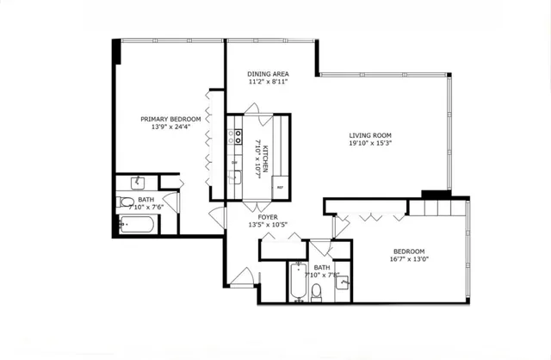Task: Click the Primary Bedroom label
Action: [x=171, y=119]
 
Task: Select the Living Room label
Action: [x=370, y=135]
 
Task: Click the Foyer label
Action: [x=267, y=217]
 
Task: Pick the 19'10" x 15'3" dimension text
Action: [x=370, y=145]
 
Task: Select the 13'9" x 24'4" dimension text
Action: [x=171, y=127]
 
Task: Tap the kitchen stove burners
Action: [x=234, y=138]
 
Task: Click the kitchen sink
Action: [x=234, y=177]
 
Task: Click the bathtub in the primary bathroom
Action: [x=138, y=226]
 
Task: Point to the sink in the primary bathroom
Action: [x=137, y=183]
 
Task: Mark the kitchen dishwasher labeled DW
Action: [x=234, y=161]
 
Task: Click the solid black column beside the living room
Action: [x=435, y=195]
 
